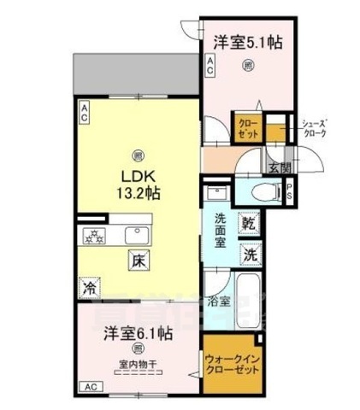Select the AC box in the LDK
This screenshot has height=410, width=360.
tap(86, 108)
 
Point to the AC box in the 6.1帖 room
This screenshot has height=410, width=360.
tap(90, 387)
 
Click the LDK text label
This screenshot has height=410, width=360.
tap(135, 175)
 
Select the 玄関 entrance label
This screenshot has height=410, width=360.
tap(277, 168)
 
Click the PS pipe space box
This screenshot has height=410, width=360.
tap(290, 192)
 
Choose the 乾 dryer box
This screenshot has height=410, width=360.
tap(249, 224)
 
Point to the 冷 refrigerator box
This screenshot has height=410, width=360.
tap(88, 288)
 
